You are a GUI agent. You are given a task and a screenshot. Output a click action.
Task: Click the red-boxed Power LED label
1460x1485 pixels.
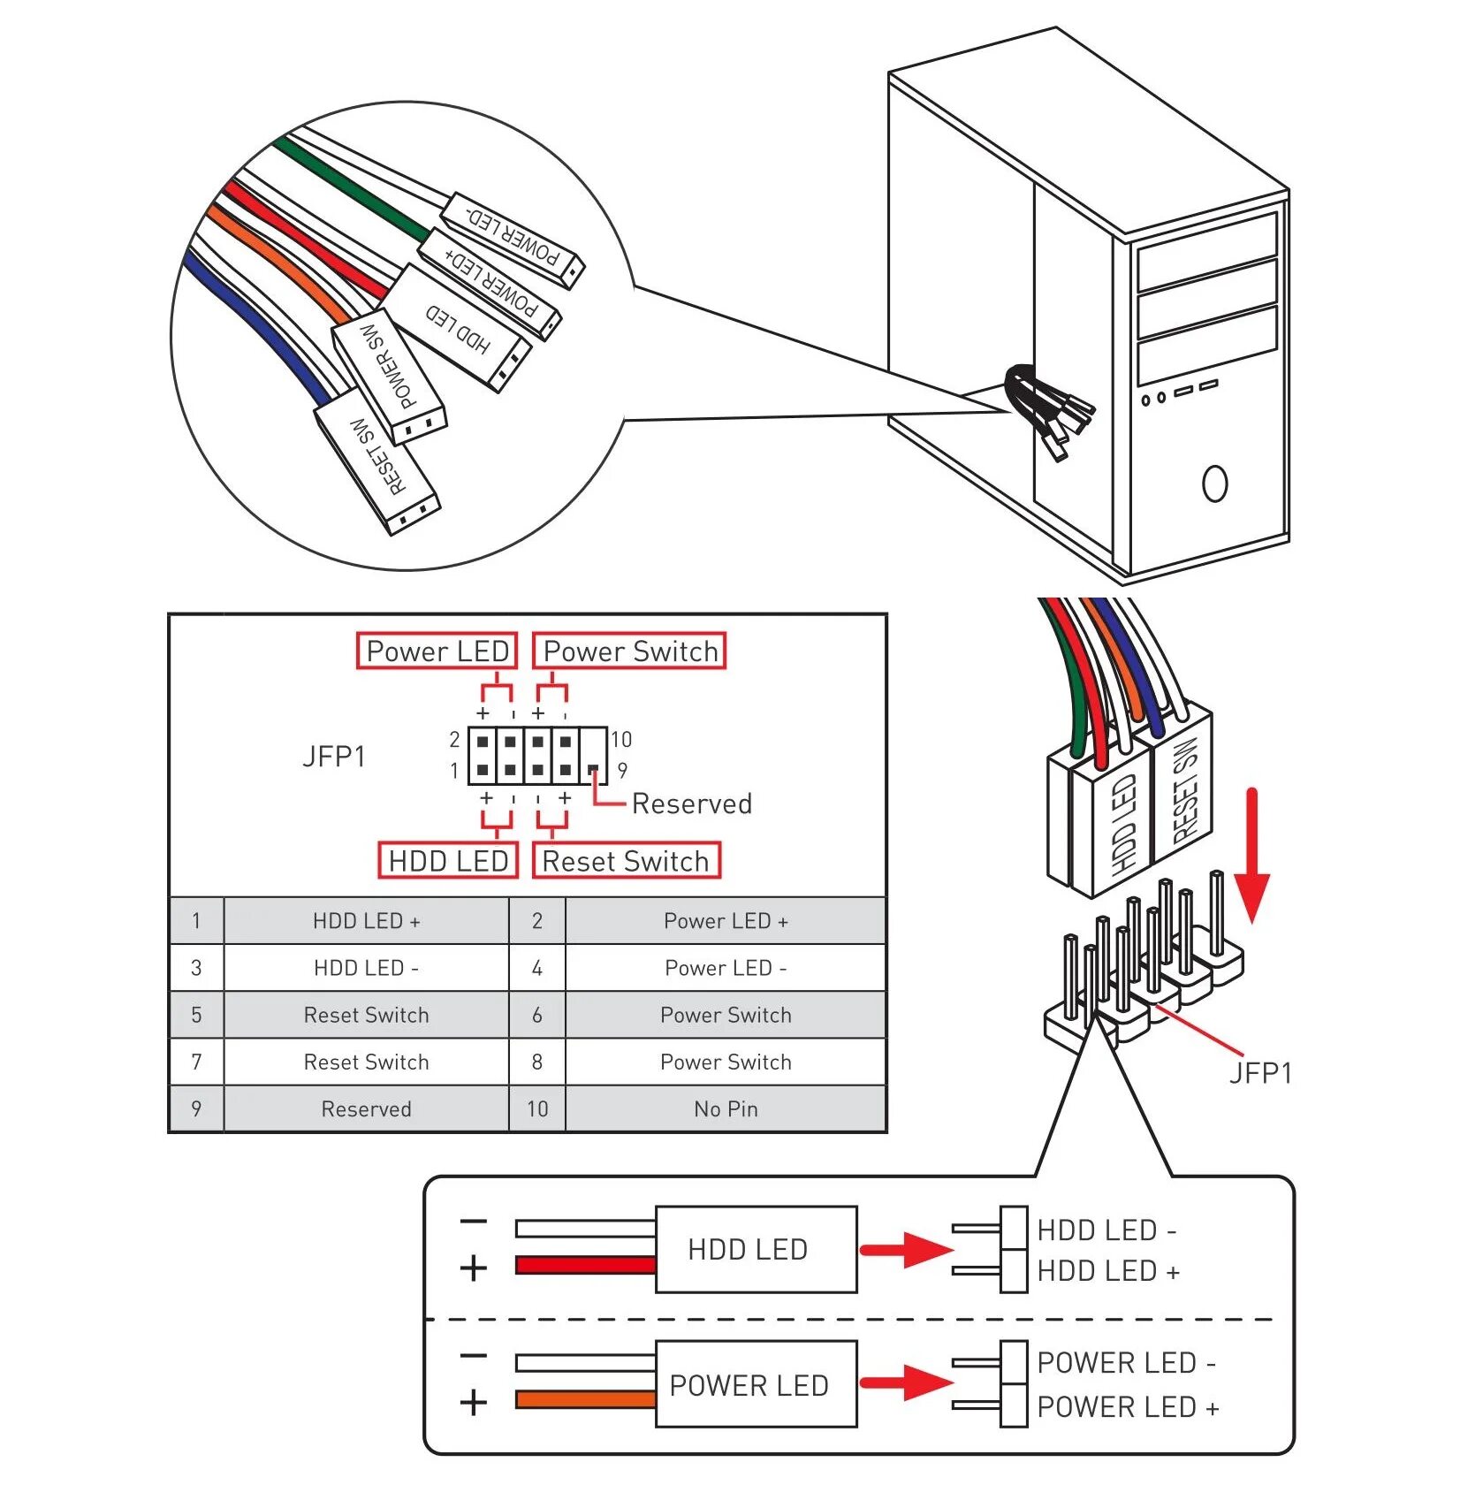(x=437, y=651)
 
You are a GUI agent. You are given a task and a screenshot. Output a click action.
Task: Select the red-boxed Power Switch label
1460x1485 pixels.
(x=629, y=651)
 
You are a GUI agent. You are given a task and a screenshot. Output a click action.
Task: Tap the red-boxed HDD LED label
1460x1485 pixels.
(x=447, y=861)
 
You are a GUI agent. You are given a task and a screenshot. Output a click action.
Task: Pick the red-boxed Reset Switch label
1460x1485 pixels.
(x=626, y=861)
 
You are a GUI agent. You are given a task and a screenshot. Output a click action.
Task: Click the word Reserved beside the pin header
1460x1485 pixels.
(x=691, y=803)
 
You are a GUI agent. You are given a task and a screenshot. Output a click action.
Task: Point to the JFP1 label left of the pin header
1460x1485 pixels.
(x=333, y=757)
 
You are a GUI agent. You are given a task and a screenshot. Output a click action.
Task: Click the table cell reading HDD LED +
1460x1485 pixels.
(x=366, y=921)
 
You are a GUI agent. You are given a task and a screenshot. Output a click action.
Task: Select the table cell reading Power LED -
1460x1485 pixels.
(x=725, y=968)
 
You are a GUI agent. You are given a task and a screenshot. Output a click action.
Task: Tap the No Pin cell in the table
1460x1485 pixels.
(x=725, y=1108)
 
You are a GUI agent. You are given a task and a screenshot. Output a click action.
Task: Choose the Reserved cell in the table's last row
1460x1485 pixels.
(x=366, y=1108)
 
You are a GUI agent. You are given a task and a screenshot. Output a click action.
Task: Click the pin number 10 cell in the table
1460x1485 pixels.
(x=537, y=1108)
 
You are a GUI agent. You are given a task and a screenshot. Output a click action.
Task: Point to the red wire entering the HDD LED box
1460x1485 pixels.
(x=585, y=1265)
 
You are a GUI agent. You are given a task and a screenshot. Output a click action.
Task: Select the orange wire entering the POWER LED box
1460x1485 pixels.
(x=585, y=1399)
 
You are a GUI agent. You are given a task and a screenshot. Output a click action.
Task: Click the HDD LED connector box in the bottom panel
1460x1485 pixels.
(x=756, y=1249)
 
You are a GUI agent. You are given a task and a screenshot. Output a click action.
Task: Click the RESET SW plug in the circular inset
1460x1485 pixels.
(x=377, y=467)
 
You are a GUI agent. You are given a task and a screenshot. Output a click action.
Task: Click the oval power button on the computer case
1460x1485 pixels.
(x=1214, y=484)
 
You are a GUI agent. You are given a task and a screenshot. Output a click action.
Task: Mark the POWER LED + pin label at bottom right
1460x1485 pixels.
(x=1128, y=1406)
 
